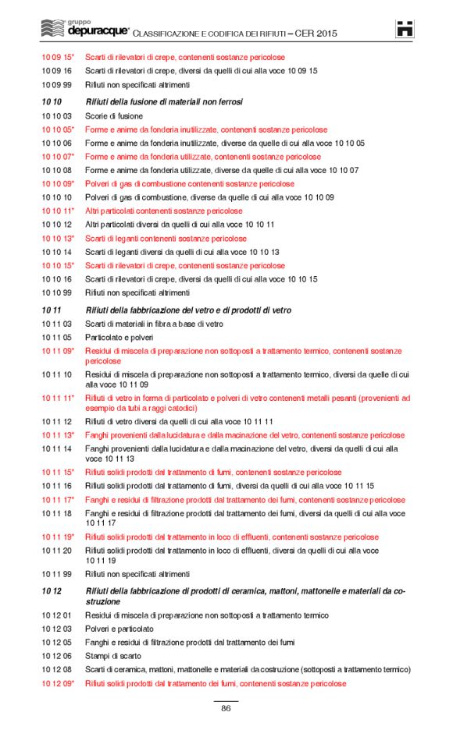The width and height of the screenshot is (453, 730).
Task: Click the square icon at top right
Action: coord(405,29)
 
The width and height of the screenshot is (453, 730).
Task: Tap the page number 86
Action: coord(226,708)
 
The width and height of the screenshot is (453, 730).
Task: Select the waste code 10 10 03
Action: coord(56,115)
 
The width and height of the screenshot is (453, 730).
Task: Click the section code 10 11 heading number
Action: coord(52,310)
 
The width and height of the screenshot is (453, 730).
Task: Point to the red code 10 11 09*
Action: coord(58,353)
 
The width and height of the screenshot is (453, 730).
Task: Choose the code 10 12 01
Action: coord(56,615)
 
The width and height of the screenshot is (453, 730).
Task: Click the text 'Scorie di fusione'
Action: coord(114,115)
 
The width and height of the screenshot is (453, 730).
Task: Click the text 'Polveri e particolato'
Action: coord(119,629)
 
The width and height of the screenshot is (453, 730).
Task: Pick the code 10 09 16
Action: coord(56,71)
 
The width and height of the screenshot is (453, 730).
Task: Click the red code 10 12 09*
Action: coord(58,683)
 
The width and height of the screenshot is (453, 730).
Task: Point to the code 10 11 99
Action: coord(56,574)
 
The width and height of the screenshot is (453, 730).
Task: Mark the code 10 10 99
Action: coord(56,292)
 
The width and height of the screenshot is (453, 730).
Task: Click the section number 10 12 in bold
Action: coord(52,592)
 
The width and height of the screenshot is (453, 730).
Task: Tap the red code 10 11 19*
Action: coord(58,537)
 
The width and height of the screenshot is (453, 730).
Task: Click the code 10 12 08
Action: coord(56,670)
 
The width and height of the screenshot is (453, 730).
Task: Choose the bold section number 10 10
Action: coord(52,101)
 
